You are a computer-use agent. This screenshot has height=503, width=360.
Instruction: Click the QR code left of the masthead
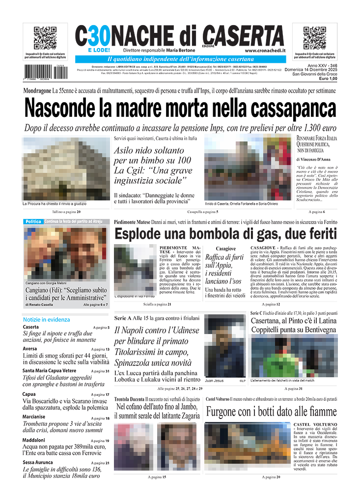(45, 38)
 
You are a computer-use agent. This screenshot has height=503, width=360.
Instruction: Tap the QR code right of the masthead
(315, 38)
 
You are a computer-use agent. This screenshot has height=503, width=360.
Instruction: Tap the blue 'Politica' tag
(33, 222)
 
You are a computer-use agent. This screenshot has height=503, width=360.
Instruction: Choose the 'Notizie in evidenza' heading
(47, 319)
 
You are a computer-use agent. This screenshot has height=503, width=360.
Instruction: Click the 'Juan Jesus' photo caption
(214, 380)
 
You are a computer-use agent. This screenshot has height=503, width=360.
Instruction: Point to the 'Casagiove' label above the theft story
(226, 249)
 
